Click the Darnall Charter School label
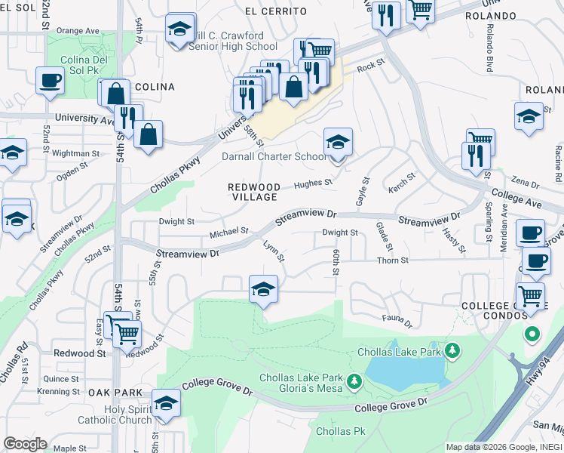[274, 157]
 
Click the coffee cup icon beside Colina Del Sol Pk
[51, 80]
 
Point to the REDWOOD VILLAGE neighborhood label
[255, 192]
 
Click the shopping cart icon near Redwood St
[126, 332]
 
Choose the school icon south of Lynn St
[262, 289]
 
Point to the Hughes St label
[313, 183]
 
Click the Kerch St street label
[402, 181]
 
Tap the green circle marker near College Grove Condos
[532, 333]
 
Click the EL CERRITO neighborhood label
[276, 11]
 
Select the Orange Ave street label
[78, 31]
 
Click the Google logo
[25, 444]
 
